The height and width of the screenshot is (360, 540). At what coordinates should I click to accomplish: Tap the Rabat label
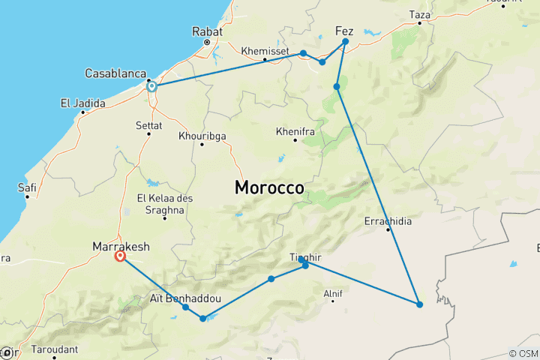(x=207, y=32)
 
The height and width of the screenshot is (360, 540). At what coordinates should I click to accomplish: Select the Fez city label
(x=343, y=31)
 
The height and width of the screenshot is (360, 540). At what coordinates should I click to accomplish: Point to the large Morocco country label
(x=269, y=187)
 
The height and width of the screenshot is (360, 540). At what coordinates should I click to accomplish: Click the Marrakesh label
(x=121, y=246)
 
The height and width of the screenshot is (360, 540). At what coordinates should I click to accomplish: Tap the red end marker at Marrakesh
(x=120, y=256)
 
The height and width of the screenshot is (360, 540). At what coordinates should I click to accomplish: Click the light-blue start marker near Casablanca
(x=151, y=86)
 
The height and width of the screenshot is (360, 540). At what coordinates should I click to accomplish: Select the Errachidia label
(x=388, y=221)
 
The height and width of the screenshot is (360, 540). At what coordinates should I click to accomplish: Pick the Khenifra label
(x=295, y=130)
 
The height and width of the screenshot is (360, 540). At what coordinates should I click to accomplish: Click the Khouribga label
(x=202, y=136)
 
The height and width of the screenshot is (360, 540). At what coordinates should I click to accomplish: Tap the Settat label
(x=148, y=125)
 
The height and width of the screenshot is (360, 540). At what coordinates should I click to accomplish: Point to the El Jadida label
(x=83, y=103)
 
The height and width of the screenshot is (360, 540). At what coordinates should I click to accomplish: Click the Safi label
(x=27, y=187)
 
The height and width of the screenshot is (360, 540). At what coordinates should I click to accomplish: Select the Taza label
(x=420, y=14)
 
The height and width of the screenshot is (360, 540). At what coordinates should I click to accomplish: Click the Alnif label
(x=331, y=293)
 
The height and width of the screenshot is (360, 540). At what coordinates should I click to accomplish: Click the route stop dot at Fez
(x=345, y=42)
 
